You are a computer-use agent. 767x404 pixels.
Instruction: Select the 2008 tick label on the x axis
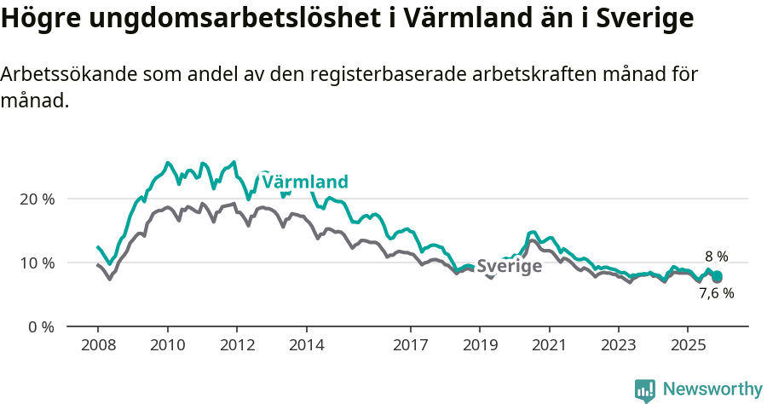tap(97, 345)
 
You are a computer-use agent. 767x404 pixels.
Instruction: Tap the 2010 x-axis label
tap(167, 345)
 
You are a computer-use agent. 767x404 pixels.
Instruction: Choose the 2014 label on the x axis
tap(307, 345)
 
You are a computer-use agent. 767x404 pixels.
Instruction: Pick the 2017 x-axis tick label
tap(411, 345)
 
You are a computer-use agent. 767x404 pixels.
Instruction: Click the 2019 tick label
tap(480, 345)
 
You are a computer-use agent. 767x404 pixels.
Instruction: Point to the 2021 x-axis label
tap(549, 345)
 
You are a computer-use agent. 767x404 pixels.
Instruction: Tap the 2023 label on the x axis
tap(619, 345)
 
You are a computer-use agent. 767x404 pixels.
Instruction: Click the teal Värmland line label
tap(305, 182)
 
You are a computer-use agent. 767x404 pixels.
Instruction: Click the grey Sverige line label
tap(509, 267)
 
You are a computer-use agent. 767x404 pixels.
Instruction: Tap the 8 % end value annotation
tap(716, 256)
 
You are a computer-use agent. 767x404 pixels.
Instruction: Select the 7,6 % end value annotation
tap(716, 293)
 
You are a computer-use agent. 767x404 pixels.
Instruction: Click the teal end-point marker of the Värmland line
tap(718, 276)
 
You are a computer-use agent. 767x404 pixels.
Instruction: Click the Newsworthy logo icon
tap(645, 390)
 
